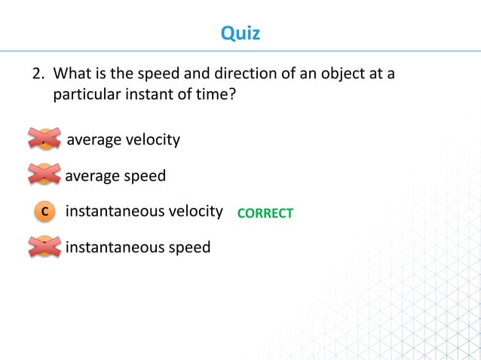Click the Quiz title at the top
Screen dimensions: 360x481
tap(240, 33)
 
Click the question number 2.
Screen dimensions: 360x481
tap(35, 75)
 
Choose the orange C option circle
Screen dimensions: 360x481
tap(44, 212)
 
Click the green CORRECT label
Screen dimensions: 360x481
tap(265, 214)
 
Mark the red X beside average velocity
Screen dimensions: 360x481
tap(44, 140)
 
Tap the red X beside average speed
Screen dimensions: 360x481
tap(44, 176)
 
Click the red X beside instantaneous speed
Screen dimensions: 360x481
tap(44, 246)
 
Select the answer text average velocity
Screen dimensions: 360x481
tap(124, 140)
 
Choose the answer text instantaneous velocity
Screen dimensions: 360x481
tap(145, 212)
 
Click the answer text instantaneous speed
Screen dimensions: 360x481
tap(138, 247)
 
